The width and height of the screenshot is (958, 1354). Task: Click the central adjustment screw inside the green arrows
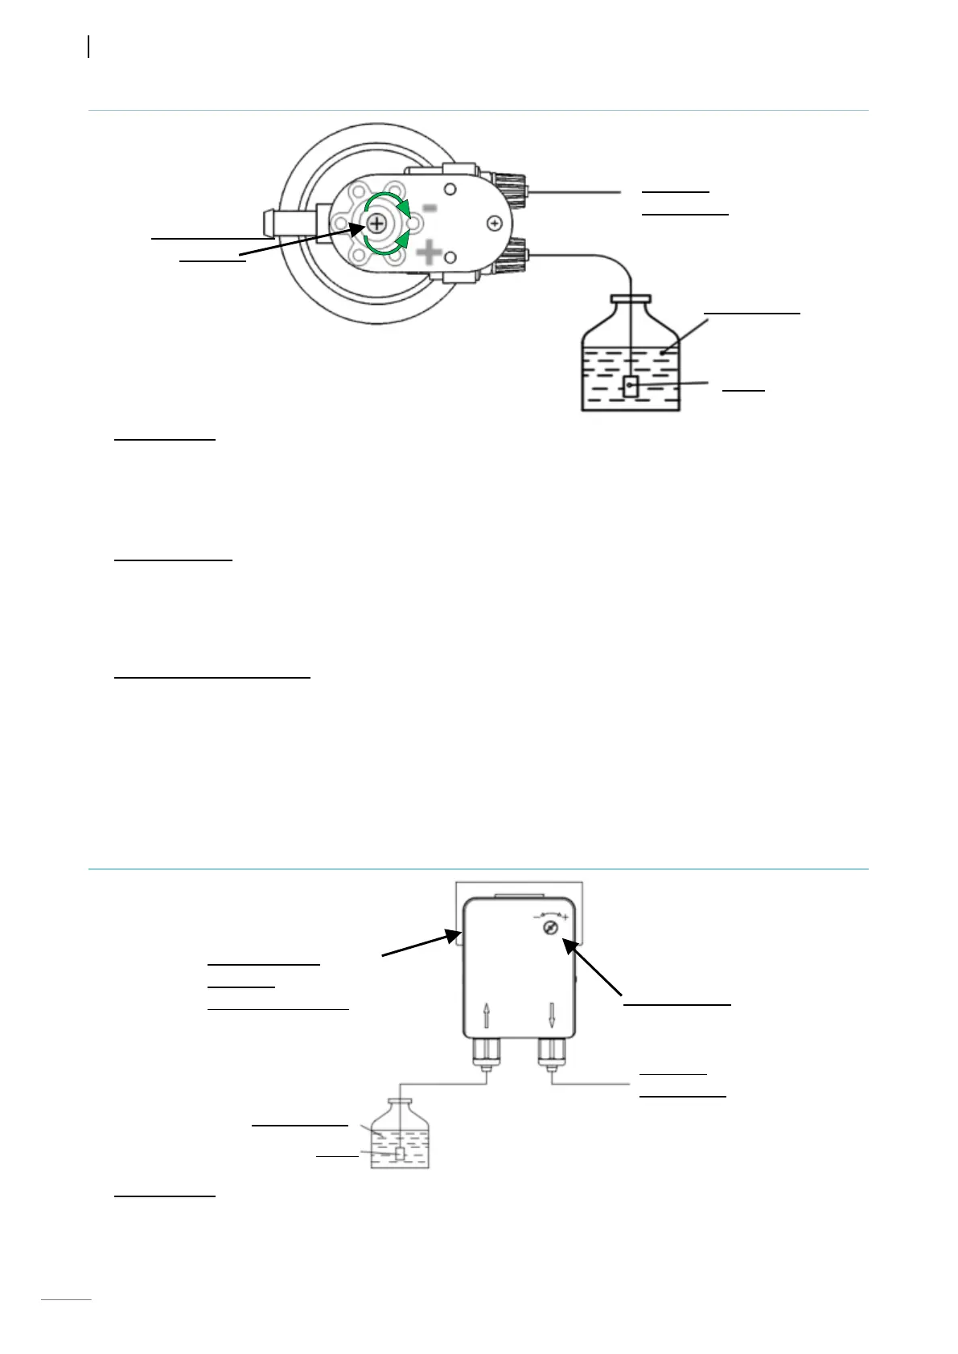[376, 224]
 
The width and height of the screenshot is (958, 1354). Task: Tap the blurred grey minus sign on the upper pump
[430, 208]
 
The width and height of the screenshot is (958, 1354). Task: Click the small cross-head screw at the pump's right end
[495, 223]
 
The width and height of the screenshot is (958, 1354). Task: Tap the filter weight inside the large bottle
[631, 387]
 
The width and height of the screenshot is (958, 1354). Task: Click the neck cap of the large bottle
[631, 299]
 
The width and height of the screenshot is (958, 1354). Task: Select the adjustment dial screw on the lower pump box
[551, 929]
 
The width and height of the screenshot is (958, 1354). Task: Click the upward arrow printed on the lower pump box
[487, 1015]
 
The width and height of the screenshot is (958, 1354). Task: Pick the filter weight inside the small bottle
[399, 1155]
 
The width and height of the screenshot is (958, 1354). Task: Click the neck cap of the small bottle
[400, 1102]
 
